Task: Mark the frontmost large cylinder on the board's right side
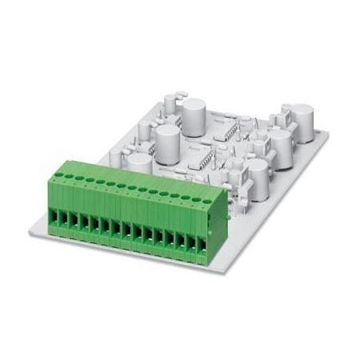[257, 173]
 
